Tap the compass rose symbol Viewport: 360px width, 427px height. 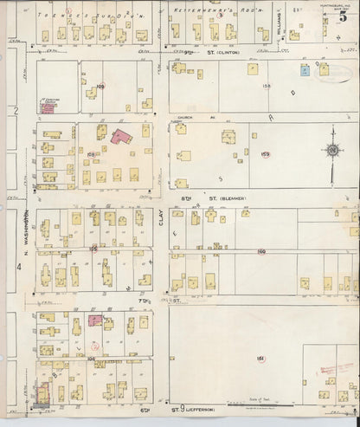(332, 151)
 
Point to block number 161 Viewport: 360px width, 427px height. (259, 358)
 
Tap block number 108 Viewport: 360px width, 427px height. (91, 154)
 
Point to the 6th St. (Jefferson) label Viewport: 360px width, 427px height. (197, 406)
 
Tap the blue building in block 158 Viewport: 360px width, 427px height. (304, 69)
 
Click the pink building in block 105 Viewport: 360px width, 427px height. (94, 320)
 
